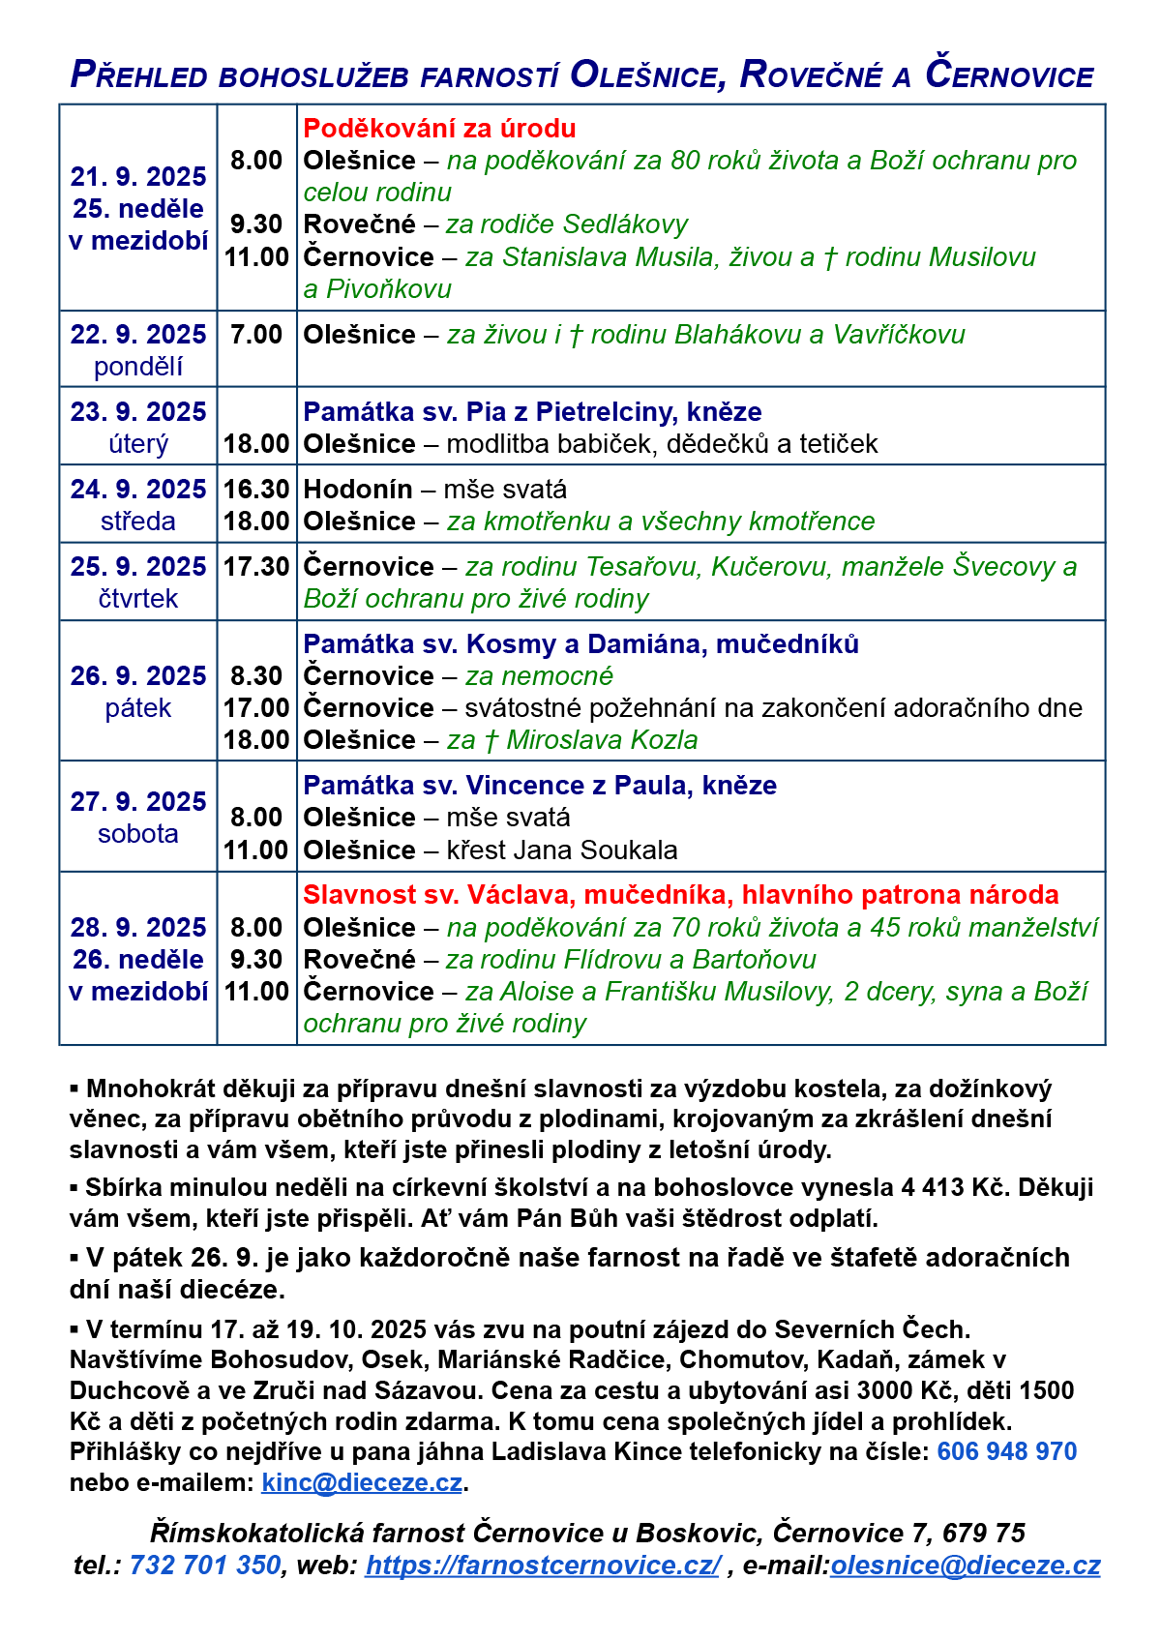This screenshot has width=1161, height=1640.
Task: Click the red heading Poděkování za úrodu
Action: [x=439, y=129]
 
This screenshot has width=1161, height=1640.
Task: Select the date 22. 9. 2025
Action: [x=138, y=335]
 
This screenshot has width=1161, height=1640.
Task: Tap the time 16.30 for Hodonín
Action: [x=256, y=490]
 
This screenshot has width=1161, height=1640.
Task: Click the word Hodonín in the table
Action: [x=358, y=490]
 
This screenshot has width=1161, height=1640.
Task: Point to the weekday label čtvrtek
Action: [x=138, y=599]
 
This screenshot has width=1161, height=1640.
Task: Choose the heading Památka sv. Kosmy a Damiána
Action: [x=580, y=644]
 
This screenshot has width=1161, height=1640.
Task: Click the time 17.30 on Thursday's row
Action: [x=256, y=567]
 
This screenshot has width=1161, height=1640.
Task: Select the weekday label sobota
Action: [x=138, y=834]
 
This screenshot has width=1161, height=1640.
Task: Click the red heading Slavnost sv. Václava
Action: [x=680, y=895]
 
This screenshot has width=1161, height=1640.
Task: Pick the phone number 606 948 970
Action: [x=1007, y=1451]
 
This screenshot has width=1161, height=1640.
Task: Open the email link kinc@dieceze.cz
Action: [x=362, y=1482]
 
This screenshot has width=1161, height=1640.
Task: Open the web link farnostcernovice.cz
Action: [x=543, y=1565]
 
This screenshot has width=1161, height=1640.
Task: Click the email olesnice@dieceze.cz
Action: [x=965, y=1565]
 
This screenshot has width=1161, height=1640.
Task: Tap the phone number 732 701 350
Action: [x=205, y=1565]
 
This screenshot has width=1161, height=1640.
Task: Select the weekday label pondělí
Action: [x=138, y=367]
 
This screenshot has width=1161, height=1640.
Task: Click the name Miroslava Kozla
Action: [x=602, y=740]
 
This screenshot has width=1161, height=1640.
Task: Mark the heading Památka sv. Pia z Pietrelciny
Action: [x=532, y=412]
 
